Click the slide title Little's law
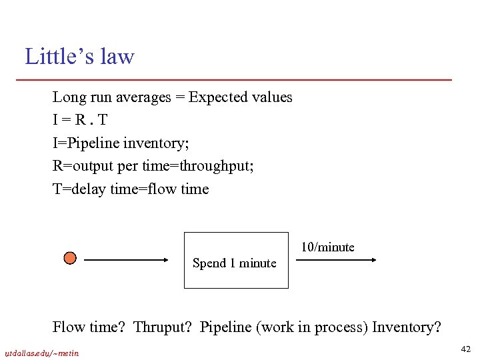pos(79,57)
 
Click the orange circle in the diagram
pos(70,258)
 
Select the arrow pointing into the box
pos(130,261)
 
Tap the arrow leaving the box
pos(337,261)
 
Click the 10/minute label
pos(327,247)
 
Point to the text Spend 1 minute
pos(234,263)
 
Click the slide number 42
pos(465,348)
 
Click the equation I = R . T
pos(79,120)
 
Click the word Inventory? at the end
pos(407,327)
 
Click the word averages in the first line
pos(143,97)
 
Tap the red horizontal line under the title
pos(238,80)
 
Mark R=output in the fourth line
pos(81,166)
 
